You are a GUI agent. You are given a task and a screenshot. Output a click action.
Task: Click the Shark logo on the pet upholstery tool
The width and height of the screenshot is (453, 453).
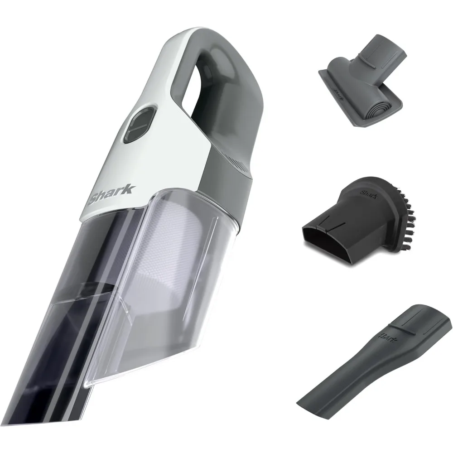point(337,88)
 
